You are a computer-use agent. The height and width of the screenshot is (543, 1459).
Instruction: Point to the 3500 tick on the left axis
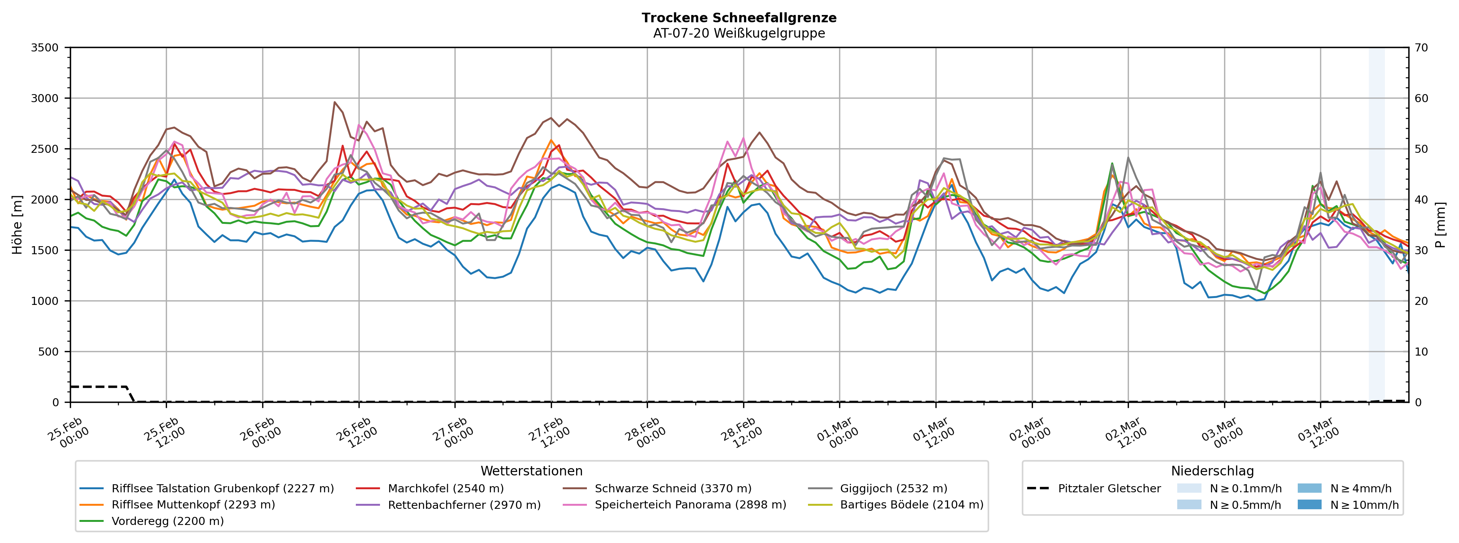(45, 48)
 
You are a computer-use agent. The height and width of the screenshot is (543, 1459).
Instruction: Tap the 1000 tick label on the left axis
(45, 301)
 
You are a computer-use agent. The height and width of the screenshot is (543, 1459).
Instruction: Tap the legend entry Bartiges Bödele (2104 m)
(911, 505)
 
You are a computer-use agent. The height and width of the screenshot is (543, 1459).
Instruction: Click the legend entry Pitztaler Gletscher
(1109, 488)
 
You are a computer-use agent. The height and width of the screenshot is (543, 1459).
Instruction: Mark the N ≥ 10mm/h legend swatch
(1309, 505)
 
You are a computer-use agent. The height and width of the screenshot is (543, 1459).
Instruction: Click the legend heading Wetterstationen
(531, 471)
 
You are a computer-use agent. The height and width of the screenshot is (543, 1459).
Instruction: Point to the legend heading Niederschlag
(1212, 471)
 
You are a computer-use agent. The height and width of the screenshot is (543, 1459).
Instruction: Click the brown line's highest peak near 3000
(335, 102)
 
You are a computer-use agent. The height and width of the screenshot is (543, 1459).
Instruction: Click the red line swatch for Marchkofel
(368, 488)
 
